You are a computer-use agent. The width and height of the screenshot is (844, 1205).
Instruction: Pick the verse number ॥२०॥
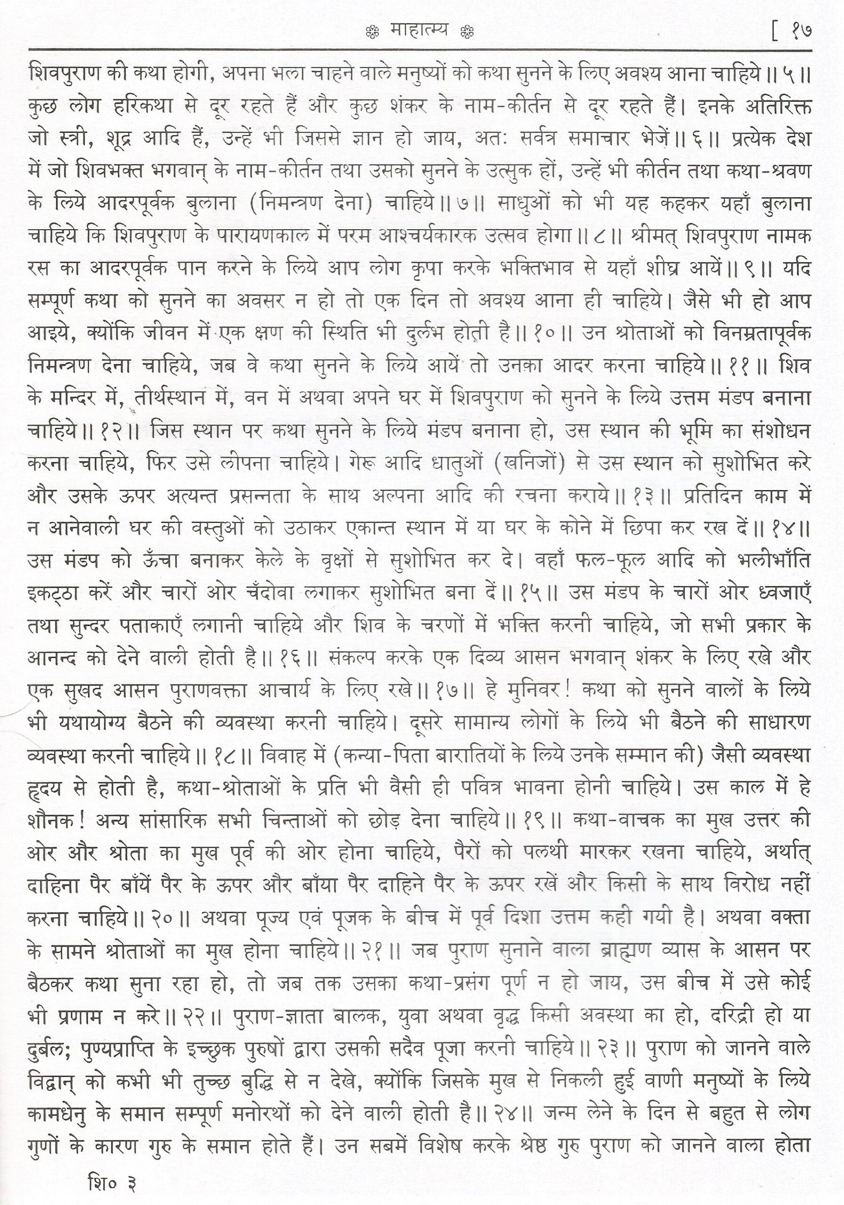point(166,916)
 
